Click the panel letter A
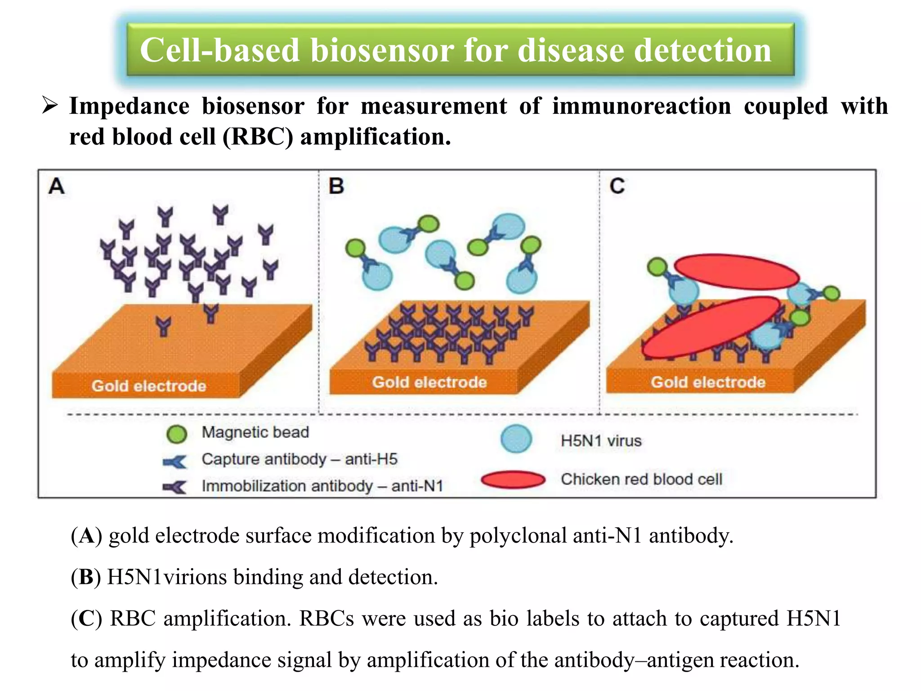point(57,186)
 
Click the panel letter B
point(336,186)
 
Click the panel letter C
point(617,186)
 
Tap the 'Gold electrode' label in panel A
point(149,386)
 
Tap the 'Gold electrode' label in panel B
point(429,382)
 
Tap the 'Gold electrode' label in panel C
point(708,382)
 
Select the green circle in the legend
point(176,434)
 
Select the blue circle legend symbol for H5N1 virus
point(516,439)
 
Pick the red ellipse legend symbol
point(513,480)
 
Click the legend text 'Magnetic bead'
point(255,432)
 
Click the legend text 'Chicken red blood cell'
point(641,479)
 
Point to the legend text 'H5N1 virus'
point(601,440)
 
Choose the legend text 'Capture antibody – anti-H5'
point(300,459)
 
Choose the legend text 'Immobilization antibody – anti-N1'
point(322,486)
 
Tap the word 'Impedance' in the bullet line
point(129,107)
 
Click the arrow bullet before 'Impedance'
point(49,106)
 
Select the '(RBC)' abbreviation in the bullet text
point(258,137)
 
